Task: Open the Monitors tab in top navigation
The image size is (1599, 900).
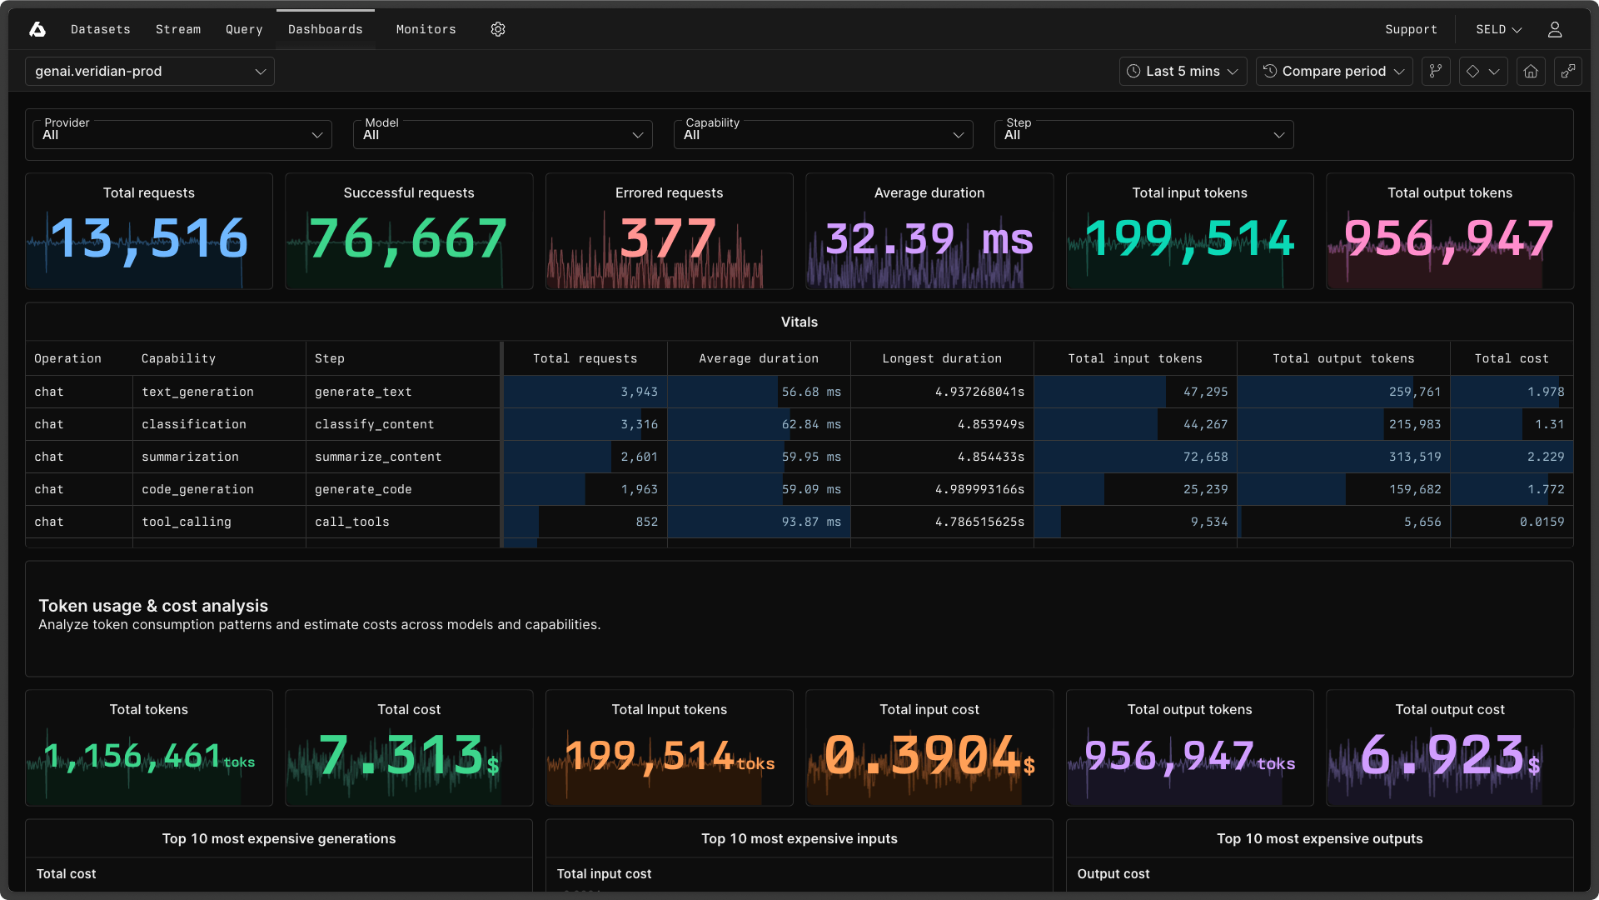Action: click(426, 29)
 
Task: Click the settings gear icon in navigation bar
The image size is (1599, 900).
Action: click(498, 29)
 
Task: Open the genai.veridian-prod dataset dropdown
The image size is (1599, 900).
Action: click(150, 72)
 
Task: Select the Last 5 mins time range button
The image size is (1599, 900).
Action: click(1183, 72)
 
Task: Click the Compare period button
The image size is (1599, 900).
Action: click(1333, 72)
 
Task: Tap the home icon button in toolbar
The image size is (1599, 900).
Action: click(1531, 72)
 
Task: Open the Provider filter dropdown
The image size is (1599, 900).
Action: click(182, 134)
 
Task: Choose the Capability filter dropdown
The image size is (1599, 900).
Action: click(823, 134)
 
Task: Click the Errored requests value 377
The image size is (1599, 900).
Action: click(669, 239)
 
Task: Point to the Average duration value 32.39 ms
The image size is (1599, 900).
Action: click(929, 239)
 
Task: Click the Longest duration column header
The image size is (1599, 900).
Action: click(942, 358)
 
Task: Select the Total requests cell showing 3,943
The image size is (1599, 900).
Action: click(639, 392)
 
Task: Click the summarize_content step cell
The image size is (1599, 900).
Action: click(378, 457)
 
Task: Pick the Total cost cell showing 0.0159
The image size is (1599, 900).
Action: click(1542, 522)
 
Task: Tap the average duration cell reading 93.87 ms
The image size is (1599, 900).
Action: click(810, 522)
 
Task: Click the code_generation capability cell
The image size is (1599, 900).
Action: click(197, 489)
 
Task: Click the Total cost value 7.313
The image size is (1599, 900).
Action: click(401, 755)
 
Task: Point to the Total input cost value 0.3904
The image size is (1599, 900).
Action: click(923, 755)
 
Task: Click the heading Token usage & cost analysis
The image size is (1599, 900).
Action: click(153, 606)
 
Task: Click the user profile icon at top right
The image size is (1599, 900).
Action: click(1554, 29)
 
